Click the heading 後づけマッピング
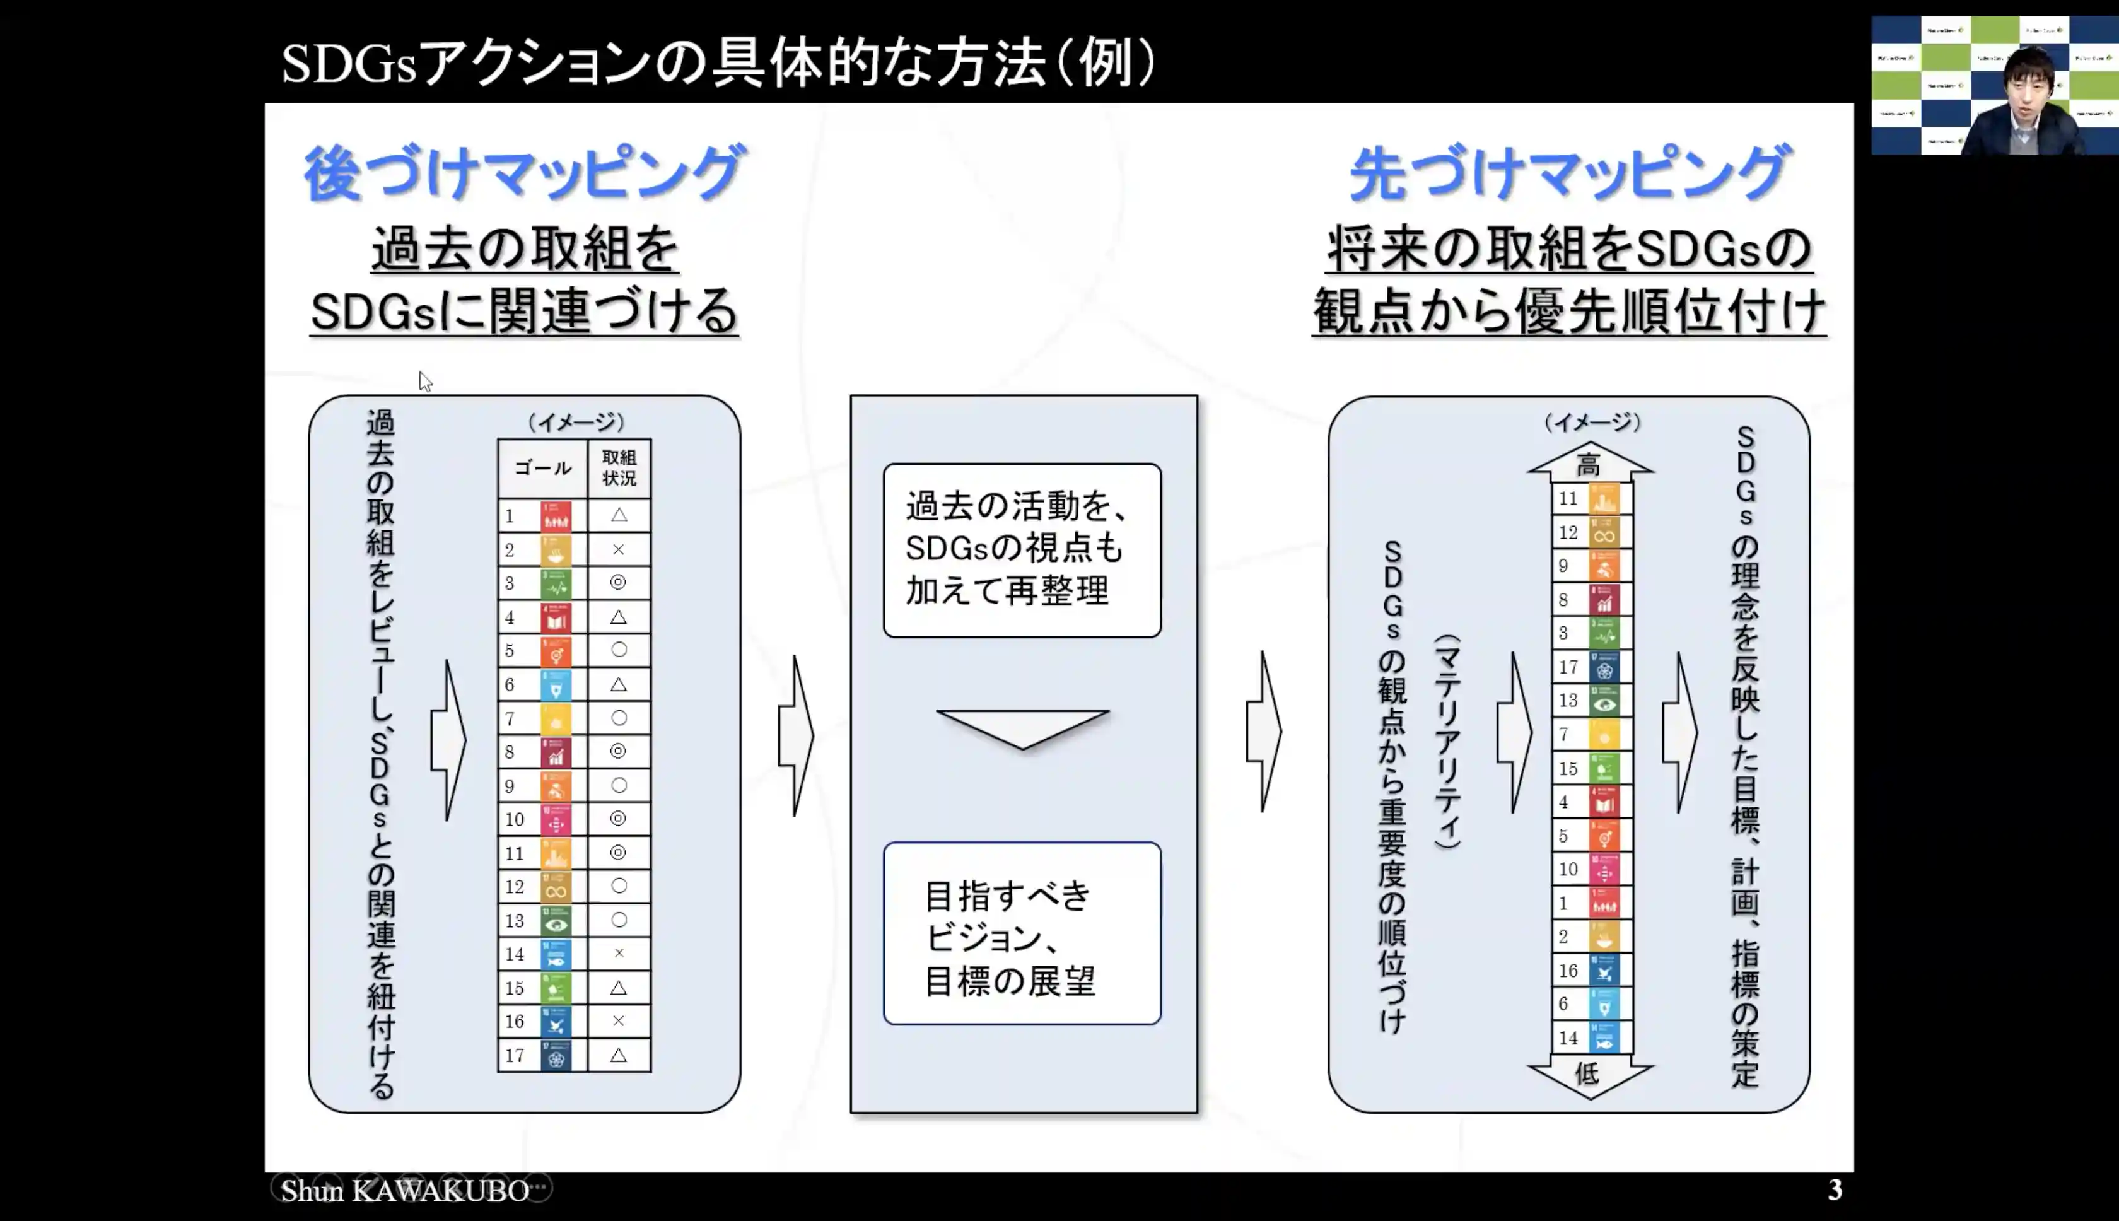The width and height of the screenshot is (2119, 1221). click(524, 173)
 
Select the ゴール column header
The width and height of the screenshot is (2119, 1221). click(542, 468)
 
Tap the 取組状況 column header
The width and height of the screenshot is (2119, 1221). click(619, 468)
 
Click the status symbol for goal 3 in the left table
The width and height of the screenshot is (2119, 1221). click(618, 583)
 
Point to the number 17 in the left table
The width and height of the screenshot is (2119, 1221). click(514, 1056)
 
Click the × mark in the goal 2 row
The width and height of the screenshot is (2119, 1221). click(618, 549)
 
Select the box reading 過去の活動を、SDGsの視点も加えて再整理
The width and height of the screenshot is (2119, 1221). click(1022, 550)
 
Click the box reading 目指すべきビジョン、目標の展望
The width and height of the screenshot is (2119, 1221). click(1022, 933)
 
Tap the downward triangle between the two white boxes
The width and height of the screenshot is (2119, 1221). click(1022, 726)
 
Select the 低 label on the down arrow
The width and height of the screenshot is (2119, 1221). click(1587, 1073)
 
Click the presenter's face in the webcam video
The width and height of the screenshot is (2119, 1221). click(2028, 84)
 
